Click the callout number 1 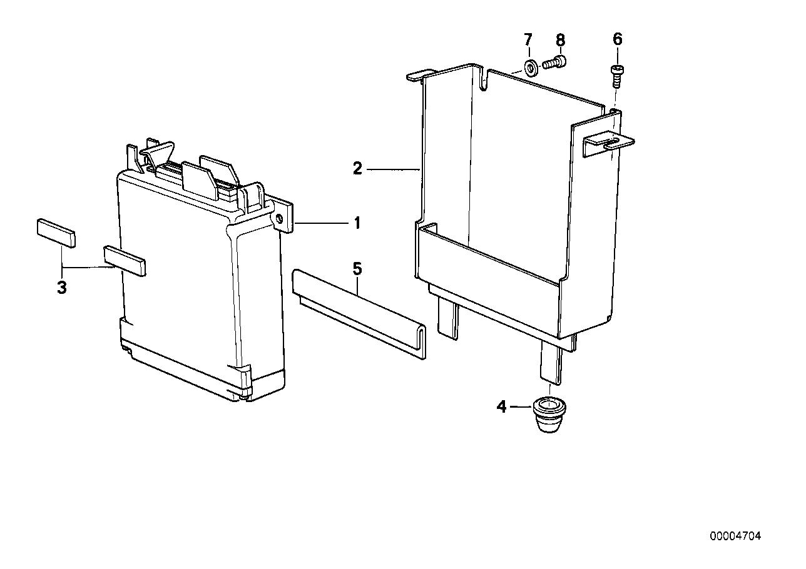(x=357, y=223)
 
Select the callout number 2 (x=357, y=169)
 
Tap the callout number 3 (x=62, y=288)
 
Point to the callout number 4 (x=501, y=407)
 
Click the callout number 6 (x=618, y=39)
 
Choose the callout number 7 (x=528, y=39)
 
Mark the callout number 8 (x=561, y=40)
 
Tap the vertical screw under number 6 (x=617, y=76)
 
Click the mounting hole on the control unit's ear (x=279, y=219)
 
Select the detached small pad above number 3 (x=56, y=233)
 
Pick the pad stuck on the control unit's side (x=125, y=261)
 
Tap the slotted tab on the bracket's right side (x=609, y=143)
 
